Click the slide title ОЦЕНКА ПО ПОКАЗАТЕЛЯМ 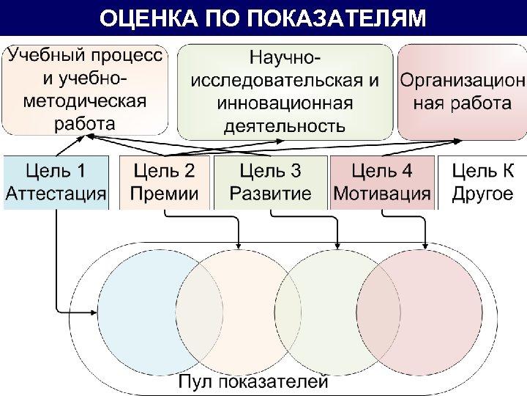click(262, 18)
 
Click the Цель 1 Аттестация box click(56, 183)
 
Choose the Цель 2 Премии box click(164, 183)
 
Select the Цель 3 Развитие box click(270, 183)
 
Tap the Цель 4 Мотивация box click(381, 183)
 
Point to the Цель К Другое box click(482, 183)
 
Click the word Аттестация click(56, 194)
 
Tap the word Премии click(164, 194)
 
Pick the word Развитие click(270, 194)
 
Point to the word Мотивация click(381, 194)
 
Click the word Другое click(482, 194)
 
